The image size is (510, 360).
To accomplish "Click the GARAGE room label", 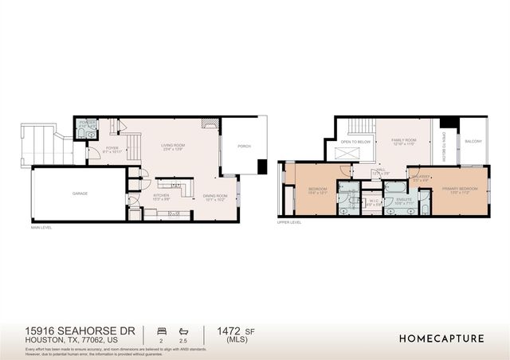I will (80, 194).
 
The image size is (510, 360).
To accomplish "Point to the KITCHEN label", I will (162, 195).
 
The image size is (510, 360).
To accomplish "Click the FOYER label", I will (112, 148).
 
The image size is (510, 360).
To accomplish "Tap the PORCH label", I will (245, 147).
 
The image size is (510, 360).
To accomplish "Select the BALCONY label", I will (473, 142).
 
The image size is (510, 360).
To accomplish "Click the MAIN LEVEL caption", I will (41, 228).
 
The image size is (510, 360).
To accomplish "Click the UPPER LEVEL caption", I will (288, 223).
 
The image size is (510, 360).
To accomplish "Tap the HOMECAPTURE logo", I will (441, 338).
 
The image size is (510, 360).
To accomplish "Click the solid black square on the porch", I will (262, 166).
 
